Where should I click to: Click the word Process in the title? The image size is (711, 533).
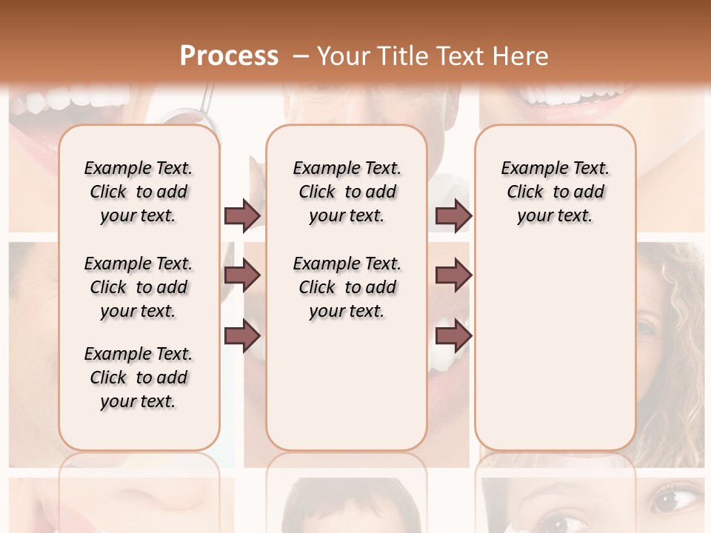coord(229,56)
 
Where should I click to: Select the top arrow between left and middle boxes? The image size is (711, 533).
coord(242,215)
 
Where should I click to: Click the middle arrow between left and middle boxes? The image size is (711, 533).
coord(242,275)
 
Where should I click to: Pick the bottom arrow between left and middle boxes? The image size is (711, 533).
coord(242,336)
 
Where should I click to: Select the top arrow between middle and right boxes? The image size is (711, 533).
coord(453,215)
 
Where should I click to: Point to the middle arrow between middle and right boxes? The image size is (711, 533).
coord(453,275)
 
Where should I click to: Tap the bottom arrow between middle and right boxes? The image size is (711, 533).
coord(453,336)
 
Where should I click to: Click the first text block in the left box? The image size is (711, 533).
coord(138,192)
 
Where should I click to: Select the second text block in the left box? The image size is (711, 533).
coord(138,287)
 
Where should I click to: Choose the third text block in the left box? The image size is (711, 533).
coord(138,378)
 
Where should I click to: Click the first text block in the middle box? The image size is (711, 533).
coord(347,192)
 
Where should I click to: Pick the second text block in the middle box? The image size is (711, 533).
coord(347,287)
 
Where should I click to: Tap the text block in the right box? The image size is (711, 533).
coord(555,192)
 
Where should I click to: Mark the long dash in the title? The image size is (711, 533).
coord(302,56)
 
